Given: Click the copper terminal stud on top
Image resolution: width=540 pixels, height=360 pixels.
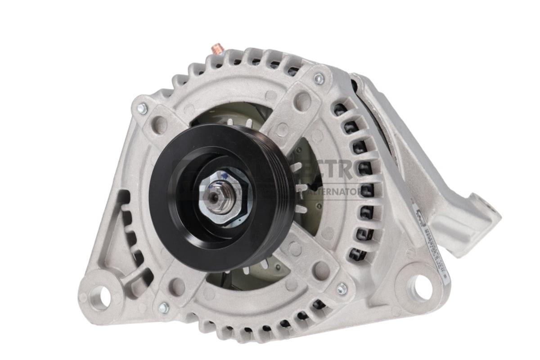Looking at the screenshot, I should point(218,47).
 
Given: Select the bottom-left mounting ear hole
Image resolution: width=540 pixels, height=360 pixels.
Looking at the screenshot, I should point(100,296).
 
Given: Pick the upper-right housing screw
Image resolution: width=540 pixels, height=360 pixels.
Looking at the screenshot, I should point(319,79).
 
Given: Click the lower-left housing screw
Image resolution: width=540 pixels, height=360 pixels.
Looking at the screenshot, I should point(163,308).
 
